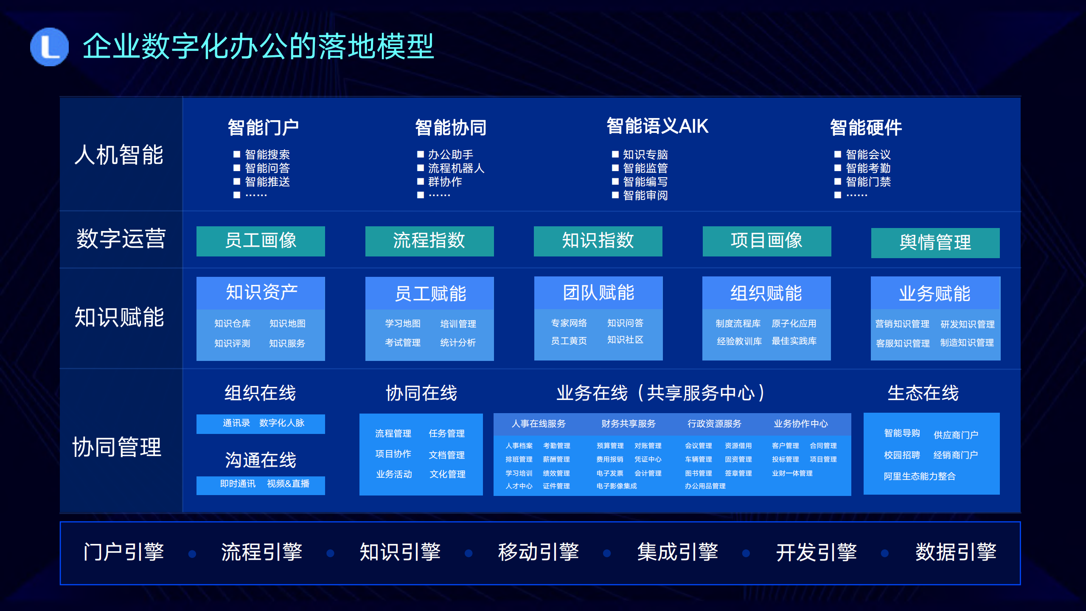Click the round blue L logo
[x=49, y=47]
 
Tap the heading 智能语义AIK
[x=657, y=127]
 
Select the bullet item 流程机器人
[x=456, y=168]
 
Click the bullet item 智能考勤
[x=867, y=168]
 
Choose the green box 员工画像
[x=261, y=241]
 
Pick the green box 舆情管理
[x=935, y=243]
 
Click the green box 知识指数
[x=598, y=241]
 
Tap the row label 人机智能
[x=119, y=155]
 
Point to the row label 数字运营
[x=121, y=239]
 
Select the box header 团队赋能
[x=598, y=293]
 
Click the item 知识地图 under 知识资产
[x=287, y=324]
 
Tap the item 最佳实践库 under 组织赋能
[x=794, y=341]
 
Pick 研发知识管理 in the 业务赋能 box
[x=967, y=324]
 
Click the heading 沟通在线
[x=261, y=460]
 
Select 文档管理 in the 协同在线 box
[x=446, y=455]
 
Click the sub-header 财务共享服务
[x=628, y=424]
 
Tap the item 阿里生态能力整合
[x=919, y=476]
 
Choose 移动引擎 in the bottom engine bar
[x=538, y=552]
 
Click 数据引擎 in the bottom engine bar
[x=955, y=552]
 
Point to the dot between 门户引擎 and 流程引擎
[x=192, y=554]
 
